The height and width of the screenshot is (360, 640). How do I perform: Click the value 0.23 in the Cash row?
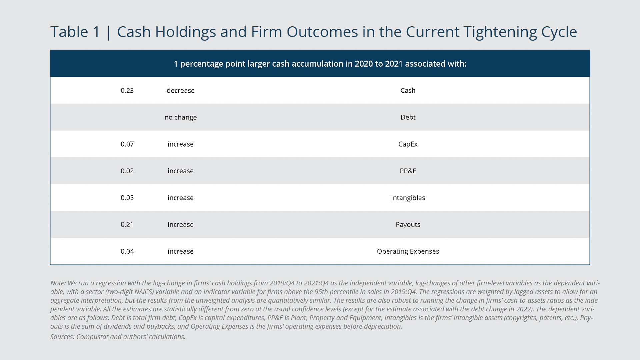pos(127,91)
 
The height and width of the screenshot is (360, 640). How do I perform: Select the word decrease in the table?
pos(180,91)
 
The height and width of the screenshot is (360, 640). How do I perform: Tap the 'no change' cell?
pos(180,117)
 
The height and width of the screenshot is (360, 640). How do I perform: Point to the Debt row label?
pos(408,117)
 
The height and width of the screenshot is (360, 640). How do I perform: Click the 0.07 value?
pos(127,144)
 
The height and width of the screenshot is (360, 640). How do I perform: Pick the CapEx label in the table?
pos(408,144)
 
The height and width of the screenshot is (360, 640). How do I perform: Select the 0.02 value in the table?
pos(127,171)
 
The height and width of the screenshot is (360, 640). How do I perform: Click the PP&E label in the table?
pos(408,171)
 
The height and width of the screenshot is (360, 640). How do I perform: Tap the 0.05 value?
pos(127,198)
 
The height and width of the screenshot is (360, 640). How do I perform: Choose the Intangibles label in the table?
pos(408,198)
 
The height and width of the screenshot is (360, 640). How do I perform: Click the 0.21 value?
pos(127,225)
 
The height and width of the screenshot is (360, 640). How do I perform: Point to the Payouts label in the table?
pos(408,225)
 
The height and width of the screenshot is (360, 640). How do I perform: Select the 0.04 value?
pos(127,252)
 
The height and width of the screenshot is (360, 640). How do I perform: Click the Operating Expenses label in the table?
pos(408,252)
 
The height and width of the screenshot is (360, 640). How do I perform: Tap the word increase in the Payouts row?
pos(180,225)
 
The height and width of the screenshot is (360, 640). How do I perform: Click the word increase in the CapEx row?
pos(180,144)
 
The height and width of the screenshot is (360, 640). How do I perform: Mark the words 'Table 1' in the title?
pos(75,32)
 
